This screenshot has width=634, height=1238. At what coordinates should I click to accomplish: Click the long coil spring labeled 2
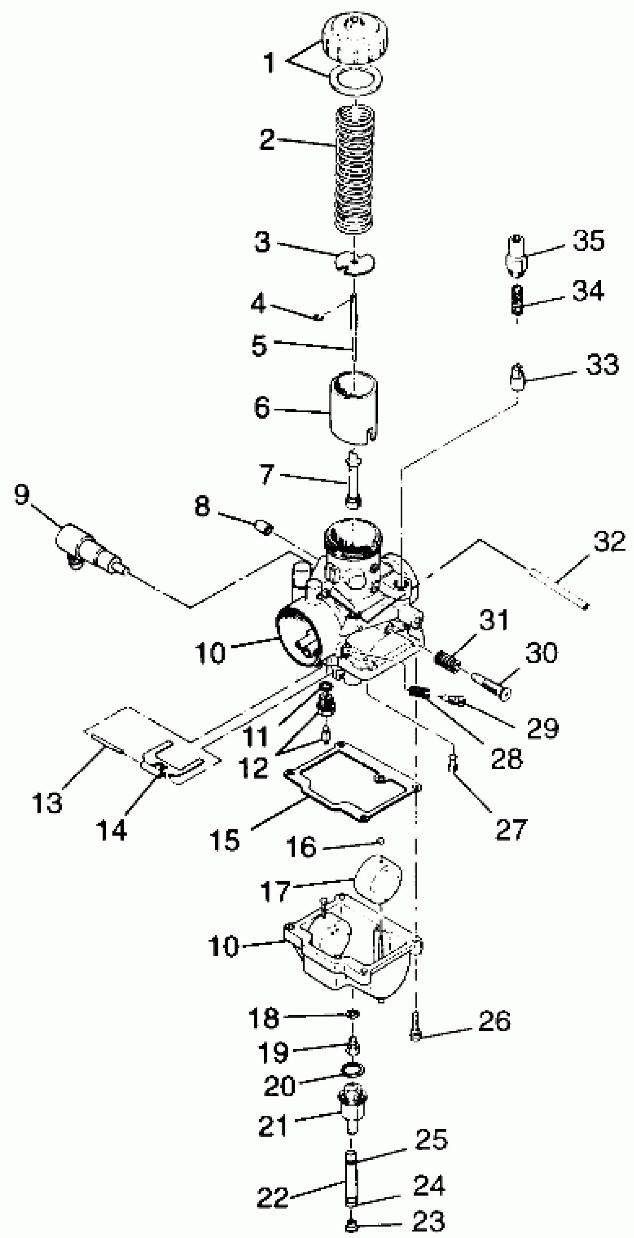(354, 171)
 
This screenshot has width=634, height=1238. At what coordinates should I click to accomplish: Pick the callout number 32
(609, 542)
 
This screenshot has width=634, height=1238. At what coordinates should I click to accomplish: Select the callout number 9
(22, 495)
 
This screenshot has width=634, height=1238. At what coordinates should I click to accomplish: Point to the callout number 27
(511, 829)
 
